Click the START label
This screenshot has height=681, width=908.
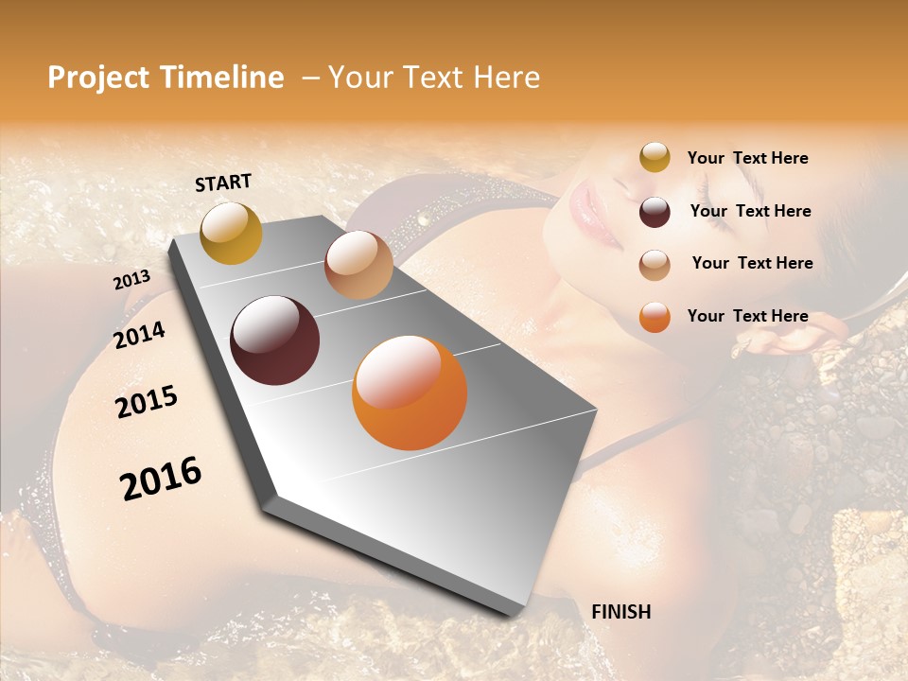click(223, 183)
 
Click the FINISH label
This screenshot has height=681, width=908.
click(620, 611)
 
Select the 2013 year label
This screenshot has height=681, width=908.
click(132, 279)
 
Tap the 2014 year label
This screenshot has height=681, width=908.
click(140, 335)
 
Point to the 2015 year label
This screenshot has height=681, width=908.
click(147, 401)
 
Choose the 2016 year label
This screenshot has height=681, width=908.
click(161, 478)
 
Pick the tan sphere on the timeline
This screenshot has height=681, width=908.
click(358, 265)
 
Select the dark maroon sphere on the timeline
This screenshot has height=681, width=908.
click(274, 340)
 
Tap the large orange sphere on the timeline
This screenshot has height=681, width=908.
click(410, 393)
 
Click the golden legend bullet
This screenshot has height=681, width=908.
click(655, 158)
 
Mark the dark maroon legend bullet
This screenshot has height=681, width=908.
click(655, 212)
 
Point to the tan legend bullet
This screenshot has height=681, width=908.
click(655, 264)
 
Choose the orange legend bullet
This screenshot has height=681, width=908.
click(655, 317)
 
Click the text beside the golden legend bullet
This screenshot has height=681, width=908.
click(747, 158)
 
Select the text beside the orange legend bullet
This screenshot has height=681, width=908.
click(747, 316)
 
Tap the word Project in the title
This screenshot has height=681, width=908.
click(98, 78)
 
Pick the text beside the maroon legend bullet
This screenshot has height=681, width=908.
click(750, 211)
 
